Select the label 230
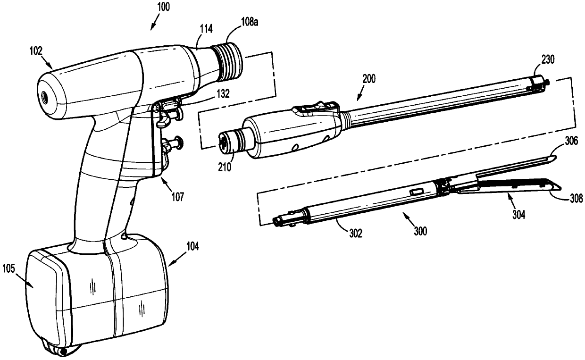(548, 59)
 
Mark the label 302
(355, 233)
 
